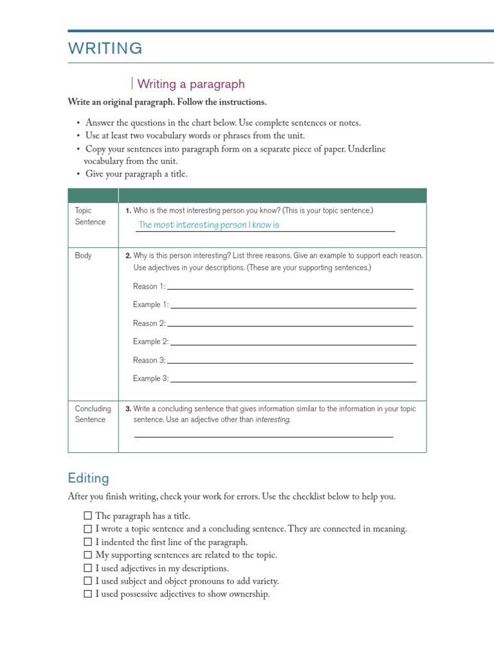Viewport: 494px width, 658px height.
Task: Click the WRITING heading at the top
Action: point(105,48)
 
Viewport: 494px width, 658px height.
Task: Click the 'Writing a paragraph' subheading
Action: point(191,84)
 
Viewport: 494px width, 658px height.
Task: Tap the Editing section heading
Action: point(88,478)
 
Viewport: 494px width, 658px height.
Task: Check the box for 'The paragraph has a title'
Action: point(87,516)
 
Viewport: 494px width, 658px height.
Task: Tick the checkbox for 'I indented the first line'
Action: point(87,542)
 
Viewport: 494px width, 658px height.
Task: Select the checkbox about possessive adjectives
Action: point(87,594)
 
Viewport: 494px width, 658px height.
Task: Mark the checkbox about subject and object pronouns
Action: point(87,582)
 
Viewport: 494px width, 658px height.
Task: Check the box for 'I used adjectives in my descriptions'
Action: point(87,569)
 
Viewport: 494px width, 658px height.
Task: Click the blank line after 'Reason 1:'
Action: point(289,287)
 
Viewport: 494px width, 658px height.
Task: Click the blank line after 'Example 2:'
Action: point(293,343)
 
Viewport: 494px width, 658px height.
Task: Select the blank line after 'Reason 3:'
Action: point(289,362)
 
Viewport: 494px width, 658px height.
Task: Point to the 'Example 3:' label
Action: point(151,378)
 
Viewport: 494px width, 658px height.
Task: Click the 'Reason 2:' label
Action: point(149,323)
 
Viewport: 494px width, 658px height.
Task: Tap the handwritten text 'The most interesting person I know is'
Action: point(209,225)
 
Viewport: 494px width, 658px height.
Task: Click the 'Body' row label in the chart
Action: point(84,256)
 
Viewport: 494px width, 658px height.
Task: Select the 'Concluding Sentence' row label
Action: point(93,414)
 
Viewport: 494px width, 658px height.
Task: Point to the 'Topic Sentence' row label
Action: point(90,216)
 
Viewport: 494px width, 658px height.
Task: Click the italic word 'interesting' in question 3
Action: point(273,420)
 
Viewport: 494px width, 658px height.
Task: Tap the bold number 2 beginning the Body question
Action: point(128,256)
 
